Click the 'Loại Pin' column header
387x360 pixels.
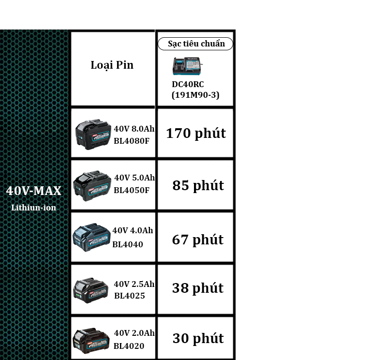pyautogui.click(x=112, y=65)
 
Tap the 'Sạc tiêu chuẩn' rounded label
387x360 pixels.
pyautogui.click(x=196, y=44)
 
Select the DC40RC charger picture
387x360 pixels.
pyautogui.click(x=188, y=66)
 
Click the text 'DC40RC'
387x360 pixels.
pyautogui.click(x=188, y=84)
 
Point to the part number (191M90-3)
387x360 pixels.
pyautogui.click(x=195, y=95)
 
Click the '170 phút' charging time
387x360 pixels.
pyautogui.click(x=196, y=134)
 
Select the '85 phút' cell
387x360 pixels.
pyautogui.click(x=198, y=185)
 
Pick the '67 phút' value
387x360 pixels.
pyautogui.click(x=197, y=240)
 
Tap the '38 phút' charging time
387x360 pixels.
pyautogui.click(x=197, y=288)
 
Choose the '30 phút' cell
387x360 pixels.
pyautogui.click(x=198, y=339)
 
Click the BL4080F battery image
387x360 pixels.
pyautogui.click(x=93, y=134)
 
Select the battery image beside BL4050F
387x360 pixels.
pyautogui.click(x=92, y=185)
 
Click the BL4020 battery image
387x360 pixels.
pyautogui.click(x=91, y=340)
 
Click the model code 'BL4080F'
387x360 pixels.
pyautogui.click(x=132, y=141)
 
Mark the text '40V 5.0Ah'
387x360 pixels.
pyautogui.click(x=134, y=178)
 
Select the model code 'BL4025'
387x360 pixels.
pyautogui.click(x=129, y=296)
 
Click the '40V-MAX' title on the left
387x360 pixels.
pyautogui.click(x=34, y=191)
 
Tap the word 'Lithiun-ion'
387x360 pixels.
pyautogui.click(x=34, y=208)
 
